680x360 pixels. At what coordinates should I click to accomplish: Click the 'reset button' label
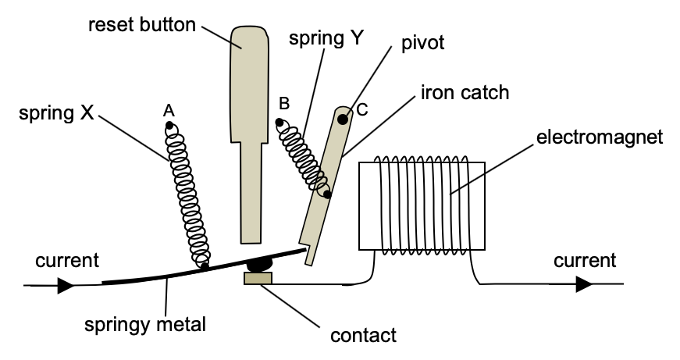(141, 24)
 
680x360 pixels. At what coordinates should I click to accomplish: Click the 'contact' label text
(364, 336)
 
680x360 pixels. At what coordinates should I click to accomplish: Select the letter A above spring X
(168, 111)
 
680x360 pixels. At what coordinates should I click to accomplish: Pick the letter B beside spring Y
(284, 103)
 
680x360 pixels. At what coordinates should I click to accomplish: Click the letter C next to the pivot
(361, 110)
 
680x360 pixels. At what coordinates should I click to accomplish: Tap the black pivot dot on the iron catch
(342, 119)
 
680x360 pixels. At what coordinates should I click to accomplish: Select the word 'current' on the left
(67, 260)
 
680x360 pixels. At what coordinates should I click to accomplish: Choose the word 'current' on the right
(585, 260)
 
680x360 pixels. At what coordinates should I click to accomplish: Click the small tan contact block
(258, 278)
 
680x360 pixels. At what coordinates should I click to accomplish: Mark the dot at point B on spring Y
(278, 122)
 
